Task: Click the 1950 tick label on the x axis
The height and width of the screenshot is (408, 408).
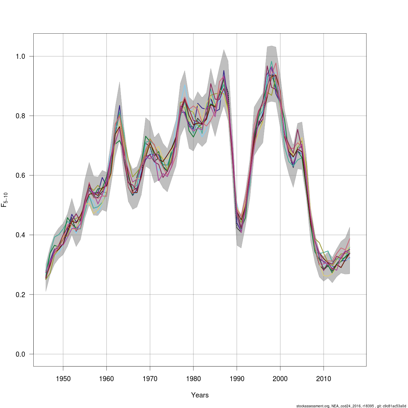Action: [x=63, y=379]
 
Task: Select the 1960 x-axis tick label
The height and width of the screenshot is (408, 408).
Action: [x=106, y=379]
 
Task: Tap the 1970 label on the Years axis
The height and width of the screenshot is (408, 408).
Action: [x=150, y=379]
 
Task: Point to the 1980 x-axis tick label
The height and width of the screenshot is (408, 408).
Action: [x=193, y=379]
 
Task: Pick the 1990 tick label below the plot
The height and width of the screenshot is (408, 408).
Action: [x=237, y=379]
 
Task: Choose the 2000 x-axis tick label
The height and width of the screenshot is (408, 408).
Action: [x=280, y=379]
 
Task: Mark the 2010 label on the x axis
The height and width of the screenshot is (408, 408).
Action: [x=324, y=379]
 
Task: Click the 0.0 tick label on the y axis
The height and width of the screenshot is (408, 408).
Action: [x=21, y=354]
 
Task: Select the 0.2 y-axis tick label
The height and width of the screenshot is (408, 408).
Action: [x=21, y=294]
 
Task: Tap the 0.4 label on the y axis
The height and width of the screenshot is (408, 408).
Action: [x=21, y=235]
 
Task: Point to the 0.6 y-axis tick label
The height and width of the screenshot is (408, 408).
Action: [x=21, y=175]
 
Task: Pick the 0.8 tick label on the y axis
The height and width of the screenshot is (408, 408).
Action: [x=21, y=116]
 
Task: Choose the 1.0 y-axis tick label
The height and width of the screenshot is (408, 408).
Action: [x=21, y=56]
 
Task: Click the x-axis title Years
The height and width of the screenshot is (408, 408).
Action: [x=200, y=395]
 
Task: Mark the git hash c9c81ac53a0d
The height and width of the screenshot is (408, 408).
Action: [x=395, y=406]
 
